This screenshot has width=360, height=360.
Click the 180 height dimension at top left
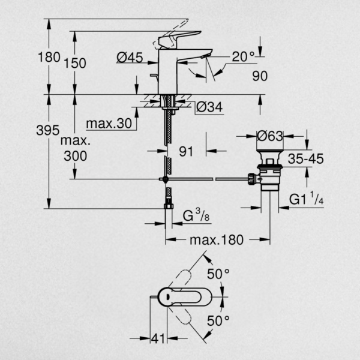coord(49,57)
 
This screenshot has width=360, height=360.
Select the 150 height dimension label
coord(75,63)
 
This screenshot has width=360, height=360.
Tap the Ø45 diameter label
coord(130,58)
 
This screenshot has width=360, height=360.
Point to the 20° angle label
coord(244,56)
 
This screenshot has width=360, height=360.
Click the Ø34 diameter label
coord(209,107)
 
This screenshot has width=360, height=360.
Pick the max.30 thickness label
coord(109,124)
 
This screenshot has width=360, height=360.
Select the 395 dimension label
coord(48,130)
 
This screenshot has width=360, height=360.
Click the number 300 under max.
coord(76,156)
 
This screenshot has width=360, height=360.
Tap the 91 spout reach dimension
coord(186,152)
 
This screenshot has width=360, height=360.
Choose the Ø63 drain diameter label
coord(270,136)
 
